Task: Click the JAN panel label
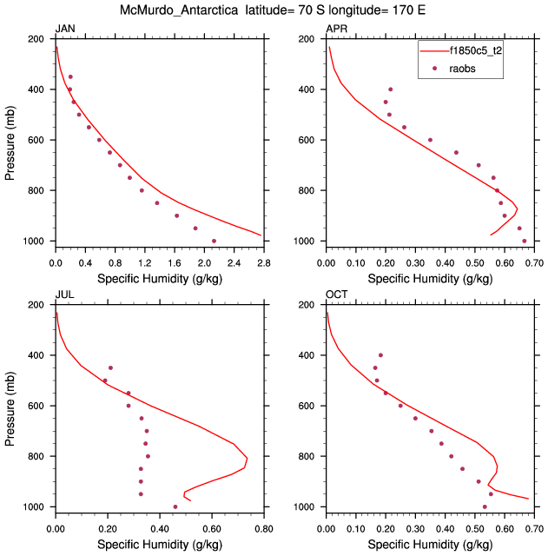64,30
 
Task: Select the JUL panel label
64,295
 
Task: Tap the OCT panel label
336,295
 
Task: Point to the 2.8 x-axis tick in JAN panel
264,261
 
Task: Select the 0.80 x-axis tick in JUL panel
264,526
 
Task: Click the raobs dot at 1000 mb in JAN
215,241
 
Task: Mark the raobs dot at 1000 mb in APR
525,241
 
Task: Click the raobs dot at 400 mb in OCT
380,355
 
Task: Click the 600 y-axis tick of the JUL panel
36,406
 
